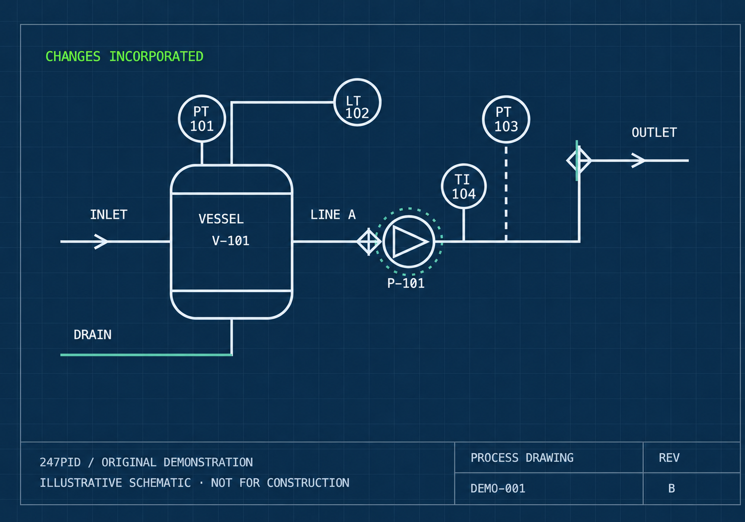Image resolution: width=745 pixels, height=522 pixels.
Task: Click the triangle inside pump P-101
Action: click(410, 242)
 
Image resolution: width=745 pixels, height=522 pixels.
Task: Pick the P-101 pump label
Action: click(406, 283)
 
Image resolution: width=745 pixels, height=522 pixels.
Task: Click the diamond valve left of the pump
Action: click(369, 242)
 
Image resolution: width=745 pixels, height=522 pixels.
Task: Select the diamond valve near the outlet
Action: click(579, 161)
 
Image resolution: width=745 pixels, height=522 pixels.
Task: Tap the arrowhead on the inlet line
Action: click(101, 242)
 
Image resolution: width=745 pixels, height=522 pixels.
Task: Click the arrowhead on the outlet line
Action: click(638, 161)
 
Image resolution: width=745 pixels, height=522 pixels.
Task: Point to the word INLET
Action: click(109, 214)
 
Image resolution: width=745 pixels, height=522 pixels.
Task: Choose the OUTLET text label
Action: click(654, 132)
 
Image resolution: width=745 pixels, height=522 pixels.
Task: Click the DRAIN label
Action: click(93, 335)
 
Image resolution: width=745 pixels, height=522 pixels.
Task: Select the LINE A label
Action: click(333, 214)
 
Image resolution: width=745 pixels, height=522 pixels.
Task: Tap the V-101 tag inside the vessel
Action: click(230, 241)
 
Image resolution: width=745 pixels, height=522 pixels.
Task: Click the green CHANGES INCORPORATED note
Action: click(124, 56)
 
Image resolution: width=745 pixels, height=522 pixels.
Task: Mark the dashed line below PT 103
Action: click(506, 193)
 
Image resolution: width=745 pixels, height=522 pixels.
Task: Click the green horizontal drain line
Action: click(146, 355)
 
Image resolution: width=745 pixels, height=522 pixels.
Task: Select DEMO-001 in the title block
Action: click(498, 488)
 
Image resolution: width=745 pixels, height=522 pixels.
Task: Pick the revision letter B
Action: click(671, 488)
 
